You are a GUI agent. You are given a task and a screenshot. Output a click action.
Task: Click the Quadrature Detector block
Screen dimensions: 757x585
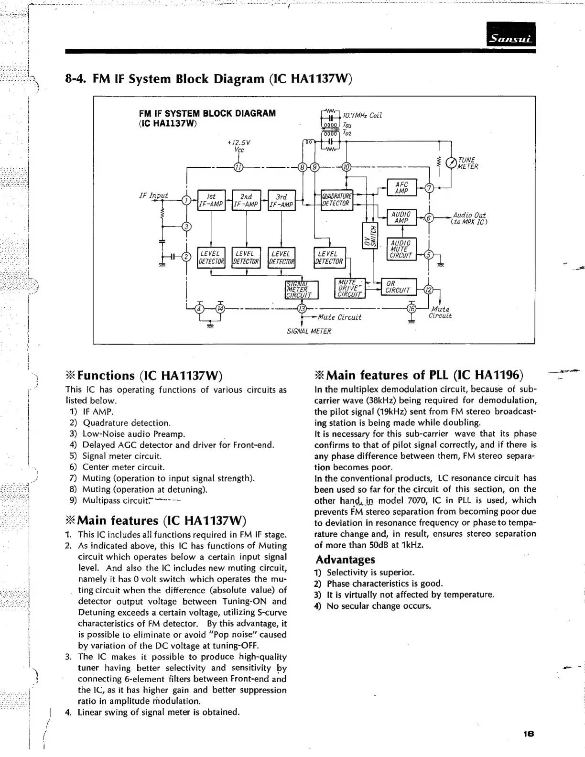(x=336, y=200)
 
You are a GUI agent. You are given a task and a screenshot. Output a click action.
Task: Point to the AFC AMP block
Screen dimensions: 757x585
(x=402, y=188)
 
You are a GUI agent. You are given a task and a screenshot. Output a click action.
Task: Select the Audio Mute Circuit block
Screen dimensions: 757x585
(x=401, y=249)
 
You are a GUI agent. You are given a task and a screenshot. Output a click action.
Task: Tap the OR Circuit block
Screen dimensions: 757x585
(x=398, y=287)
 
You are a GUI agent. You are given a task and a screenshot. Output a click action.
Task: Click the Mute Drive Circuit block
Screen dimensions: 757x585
(x=351, y=288)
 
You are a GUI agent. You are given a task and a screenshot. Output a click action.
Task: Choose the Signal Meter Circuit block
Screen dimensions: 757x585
(x=299, y=289)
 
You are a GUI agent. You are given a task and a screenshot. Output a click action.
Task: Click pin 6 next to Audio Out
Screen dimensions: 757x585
(x=429, y=218)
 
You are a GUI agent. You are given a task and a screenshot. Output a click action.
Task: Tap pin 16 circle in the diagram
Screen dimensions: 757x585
(x=412, y=308)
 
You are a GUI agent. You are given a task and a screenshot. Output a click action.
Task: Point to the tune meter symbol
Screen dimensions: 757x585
(x=451, y=163)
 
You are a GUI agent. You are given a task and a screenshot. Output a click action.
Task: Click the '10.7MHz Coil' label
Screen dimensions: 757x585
(x=362, y=115)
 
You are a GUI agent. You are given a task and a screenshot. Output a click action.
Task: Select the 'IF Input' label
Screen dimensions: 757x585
(x=153, y=195)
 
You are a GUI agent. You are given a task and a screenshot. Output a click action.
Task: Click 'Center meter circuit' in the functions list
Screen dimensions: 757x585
(x=123, y=467)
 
